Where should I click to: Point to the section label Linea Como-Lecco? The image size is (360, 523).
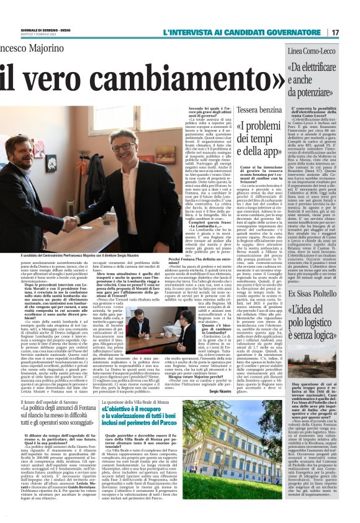[311, 48]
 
